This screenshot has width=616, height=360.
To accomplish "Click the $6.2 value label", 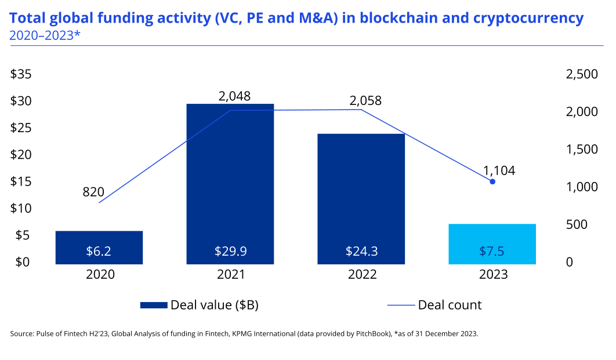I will click(99, 251).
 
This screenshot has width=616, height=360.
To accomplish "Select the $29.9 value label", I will click(230, 251).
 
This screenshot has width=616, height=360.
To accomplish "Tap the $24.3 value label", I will click(361, 251).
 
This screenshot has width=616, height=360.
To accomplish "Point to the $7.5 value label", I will click(492, 251).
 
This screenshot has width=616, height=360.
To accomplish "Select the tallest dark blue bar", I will click(230, 174).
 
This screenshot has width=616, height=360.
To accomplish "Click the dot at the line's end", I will click(492, 181).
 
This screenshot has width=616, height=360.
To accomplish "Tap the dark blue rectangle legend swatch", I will click(154, 305).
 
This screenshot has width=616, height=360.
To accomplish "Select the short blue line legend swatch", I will click(401, 305).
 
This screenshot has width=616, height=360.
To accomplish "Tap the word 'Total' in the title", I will click(26, 18).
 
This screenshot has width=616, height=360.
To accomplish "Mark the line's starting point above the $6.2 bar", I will click(99, 203).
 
